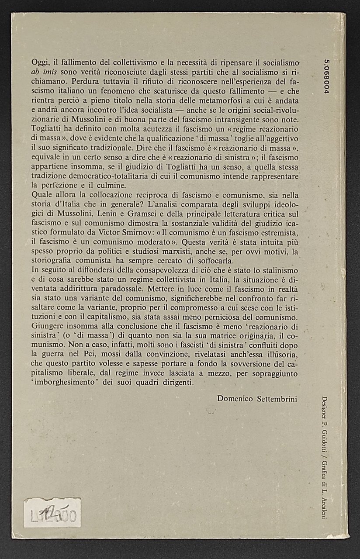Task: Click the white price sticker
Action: coord(52,513)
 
